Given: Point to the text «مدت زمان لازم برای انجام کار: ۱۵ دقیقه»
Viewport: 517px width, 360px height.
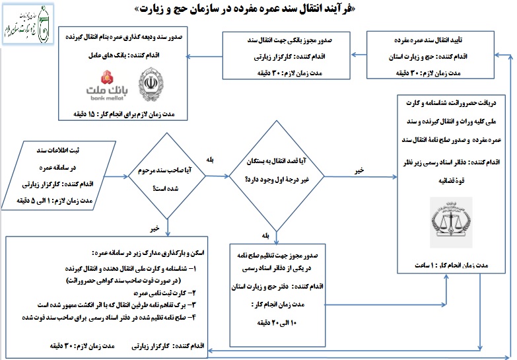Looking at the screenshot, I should pos(129,114).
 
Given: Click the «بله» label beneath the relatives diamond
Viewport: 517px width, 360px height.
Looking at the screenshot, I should pos(265,234).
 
